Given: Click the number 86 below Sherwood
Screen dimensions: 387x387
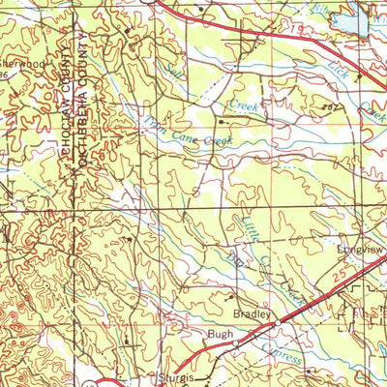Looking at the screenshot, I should (5, 74).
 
